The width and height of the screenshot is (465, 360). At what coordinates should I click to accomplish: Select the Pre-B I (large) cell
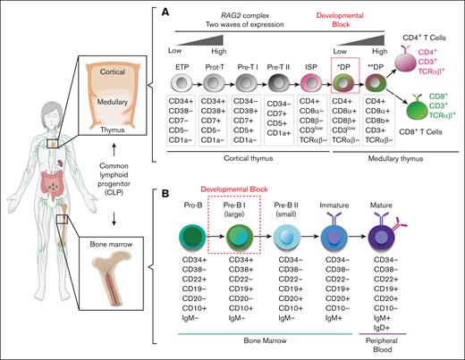[239, 234]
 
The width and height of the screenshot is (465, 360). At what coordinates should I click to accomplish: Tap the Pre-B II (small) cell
[292, 234]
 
